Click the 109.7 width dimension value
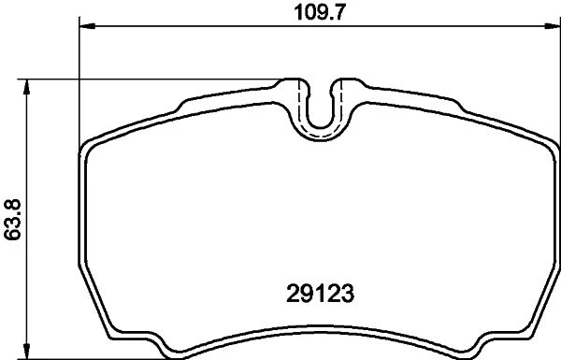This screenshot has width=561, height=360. [x=320, y=13]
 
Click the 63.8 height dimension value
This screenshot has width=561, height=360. [x=13, y=220]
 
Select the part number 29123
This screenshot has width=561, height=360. [x=320, y=294]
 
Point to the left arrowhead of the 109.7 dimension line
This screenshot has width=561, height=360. [x=87, y=26]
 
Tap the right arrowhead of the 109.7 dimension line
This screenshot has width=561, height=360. [x=552, y=26]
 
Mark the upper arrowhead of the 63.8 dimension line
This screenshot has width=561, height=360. [x=26, y=87]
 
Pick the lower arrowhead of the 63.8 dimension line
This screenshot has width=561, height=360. [x=26, y=351]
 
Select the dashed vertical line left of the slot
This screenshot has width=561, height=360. [x=298, y=100]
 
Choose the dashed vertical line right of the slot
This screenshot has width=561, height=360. [x=342, y=100]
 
